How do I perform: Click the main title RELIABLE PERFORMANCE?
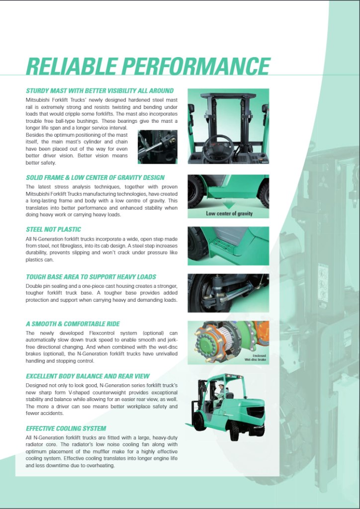point(148,67)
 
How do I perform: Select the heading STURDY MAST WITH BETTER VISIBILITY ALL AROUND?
point(99,91)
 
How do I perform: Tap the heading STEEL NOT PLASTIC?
point(53,230)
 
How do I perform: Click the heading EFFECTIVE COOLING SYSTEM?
point(66,428)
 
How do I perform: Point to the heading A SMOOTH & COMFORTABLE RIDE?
point(73,324)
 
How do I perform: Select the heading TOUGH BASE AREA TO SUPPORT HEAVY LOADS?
point(91,277)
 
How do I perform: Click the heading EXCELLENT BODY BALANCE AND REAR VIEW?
point(88,376)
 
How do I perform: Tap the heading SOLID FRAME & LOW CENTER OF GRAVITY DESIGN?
point(95,177)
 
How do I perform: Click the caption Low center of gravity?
point(229,214)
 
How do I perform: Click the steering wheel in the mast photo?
point(217,146)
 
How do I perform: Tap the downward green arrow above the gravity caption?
point(228,204)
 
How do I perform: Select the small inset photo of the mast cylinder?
point(157,146)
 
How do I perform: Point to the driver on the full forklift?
point(220,393)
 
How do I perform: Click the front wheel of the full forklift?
point(200,422)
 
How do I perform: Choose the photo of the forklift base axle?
point(228,293)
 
